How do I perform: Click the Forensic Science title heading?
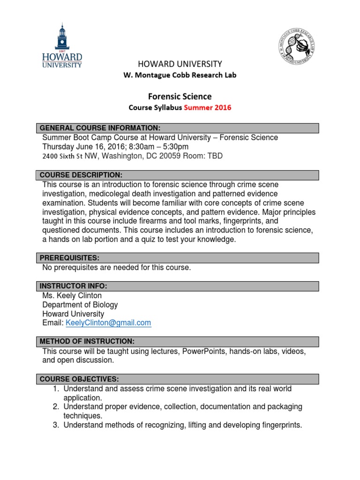(x=180, y=96)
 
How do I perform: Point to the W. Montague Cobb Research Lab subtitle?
(x=180, y=75)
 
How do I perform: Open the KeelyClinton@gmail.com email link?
(x=108, y=322)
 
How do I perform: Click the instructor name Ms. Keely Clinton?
(x=72, y=296)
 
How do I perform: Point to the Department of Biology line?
(x=80, y=305)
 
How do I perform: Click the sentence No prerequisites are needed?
(x=116, y=268)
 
